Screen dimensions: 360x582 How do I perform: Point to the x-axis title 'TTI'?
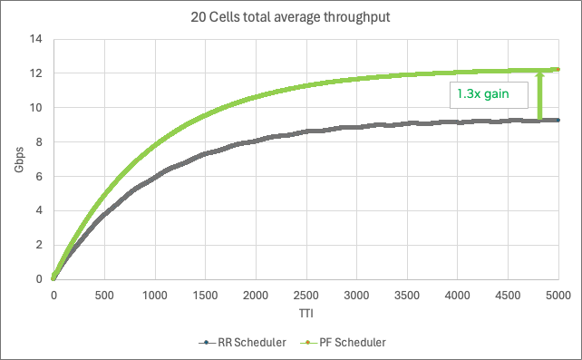tap(306, 314)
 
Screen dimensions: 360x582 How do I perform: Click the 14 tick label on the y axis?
tap(37, 39)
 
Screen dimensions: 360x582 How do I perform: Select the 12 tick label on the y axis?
tap(37, 73)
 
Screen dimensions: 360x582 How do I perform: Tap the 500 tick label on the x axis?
tap(104, 296)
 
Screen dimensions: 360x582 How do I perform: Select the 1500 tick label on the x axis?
tap(205, 296)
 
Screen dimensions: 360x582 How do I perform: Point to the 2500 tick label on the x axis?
tap(306, 296)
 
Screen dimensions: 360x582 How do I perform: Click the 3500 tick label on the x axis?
tap(407, 296)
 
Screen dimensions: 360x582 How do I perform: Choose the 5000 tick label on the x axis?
tap(558, 296)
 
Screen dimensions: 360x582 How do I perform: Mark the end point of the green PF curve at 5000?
tap(558, 69)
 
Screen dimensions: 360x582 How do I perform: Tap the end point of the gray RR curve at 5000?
tap(558, 120)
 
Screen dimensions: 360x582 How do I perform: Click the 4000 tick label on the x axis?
tap(457, 296)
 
